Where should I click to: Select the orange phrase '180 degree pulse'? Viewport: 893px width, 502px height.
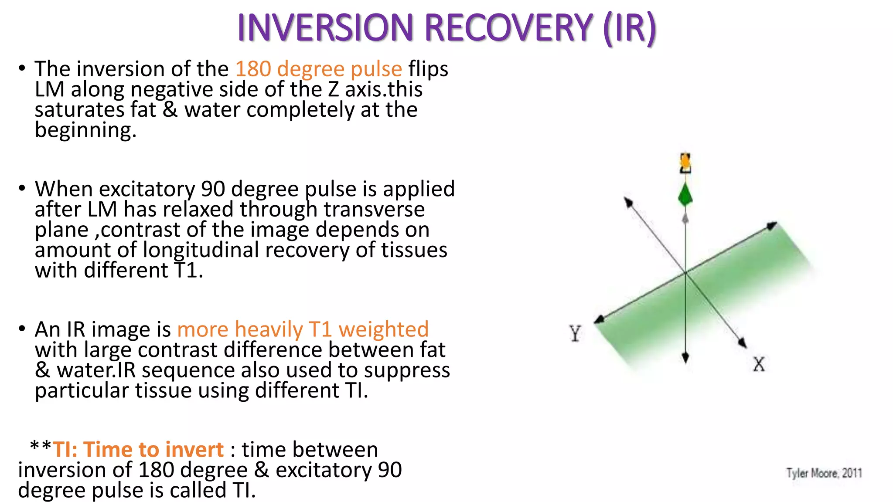tap(318, 69)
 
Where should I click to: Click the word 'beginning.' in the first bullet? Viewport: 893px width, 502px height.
tap(85, 130)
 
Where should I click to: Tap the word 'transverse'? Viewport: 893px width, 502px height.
tap(374, 209)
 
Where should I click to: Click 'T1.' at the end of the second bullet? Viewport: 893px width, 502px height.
tap(188, 270)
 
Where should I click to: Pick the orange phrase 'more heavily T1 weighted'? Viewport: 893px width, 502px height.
tap(303, 329)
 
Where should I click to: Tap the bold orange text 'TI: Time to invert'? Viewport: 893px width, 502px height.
tap(138, 449)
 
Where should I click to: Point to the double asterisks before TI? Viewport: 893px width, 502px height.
tap(40, 447)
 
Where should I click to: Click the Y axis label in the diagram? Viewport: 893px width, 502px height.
tap(575, 333)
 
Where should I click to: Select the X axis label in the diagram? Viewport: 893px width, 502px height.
tap(759, 364)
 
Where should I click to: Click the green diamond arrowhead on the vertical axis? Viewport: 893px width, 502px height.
tap(685, 195)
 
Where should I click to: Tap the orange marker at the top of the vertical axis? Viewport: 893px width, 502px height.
tap(685, 163)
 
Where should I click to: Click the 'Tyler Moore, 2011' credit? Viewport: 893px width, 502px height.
tap(824, 473)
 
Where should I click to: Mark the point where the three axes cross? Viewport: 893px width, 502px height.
tap(685, 273)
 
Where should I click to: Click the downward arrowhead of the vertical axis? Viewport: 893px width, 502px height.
tap(685, 358)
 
